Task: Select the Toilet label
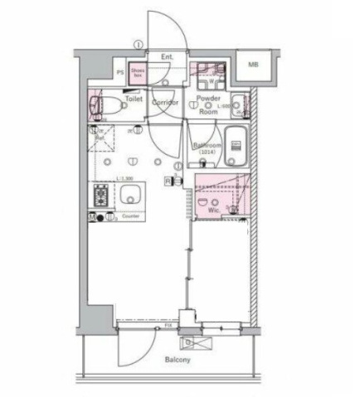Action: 134,99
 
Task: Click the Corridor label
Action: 166,102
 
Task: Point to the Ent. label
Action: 167,56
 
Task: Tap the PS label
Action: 120,73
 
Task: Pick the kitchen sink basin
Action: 129,198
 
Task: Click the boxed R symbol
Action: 168,181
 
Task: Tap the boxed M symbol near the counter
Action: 93,217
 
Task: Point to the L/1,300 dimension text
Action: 124,177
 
